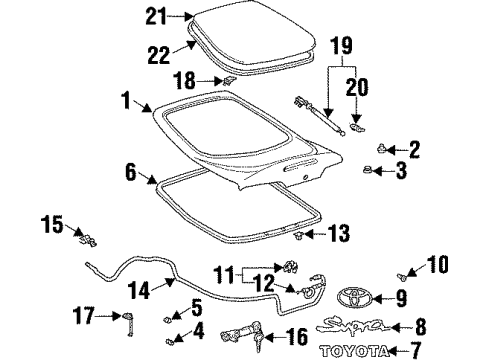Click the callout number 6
[131, 171]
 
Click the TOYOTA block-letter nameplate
[348, 350]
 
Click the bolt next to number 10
[402, 270]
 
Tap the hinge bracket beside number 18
[228, 78]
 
